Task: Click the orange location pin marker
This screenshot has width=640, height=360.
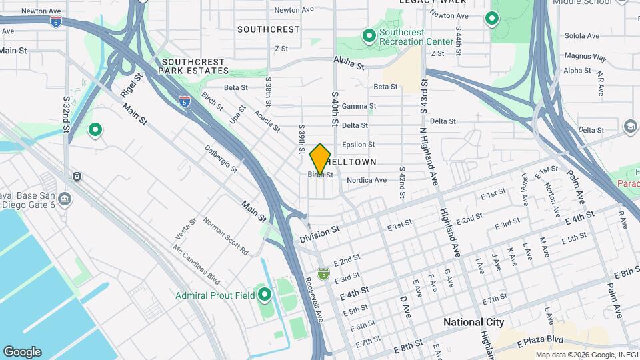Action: [x=320, y=159]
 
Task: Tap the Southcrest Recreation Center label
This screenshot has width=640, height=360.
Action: [x=411, y=37]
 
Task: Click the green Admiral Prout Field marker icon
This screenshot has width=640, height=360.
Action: [x=265, y=294]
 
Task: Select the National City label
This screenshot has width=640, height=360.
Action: [x=473, y=322]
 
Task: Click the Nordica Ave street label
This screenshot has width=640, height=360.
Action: [x=366, y=180]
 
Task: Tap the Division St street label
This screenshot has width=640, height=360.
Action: [x=320, y=233]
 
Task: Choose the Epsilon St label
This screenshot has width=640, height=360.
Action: [x=359, y=144]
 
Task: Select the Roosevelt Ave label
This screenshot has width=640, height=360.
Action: [x=314, y=298]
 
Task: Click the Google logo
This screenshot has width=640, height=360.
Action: [x=22, y=352]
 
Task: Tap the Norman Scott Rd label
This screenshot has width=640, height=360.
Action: [x=225, y=237]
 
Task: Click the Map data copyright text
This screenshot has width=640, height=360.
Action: [x=585, y=355]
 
